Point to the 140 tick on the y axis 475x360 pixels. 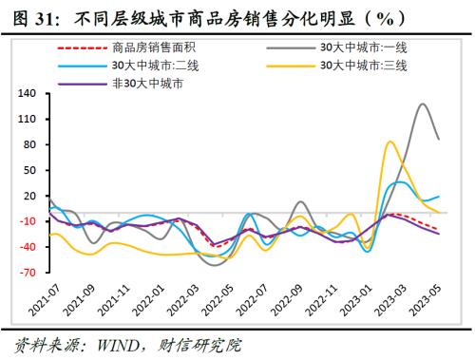[27, 93]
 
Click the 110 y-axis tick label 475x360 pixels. [27, 119]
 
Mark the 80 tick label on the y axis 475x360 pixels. [29, 144]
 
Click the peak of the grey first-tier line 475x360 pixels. [422, 104]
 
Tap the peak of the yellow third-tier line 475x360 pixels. [390, 142]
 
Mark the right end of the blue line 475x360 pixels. [439, 196]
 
